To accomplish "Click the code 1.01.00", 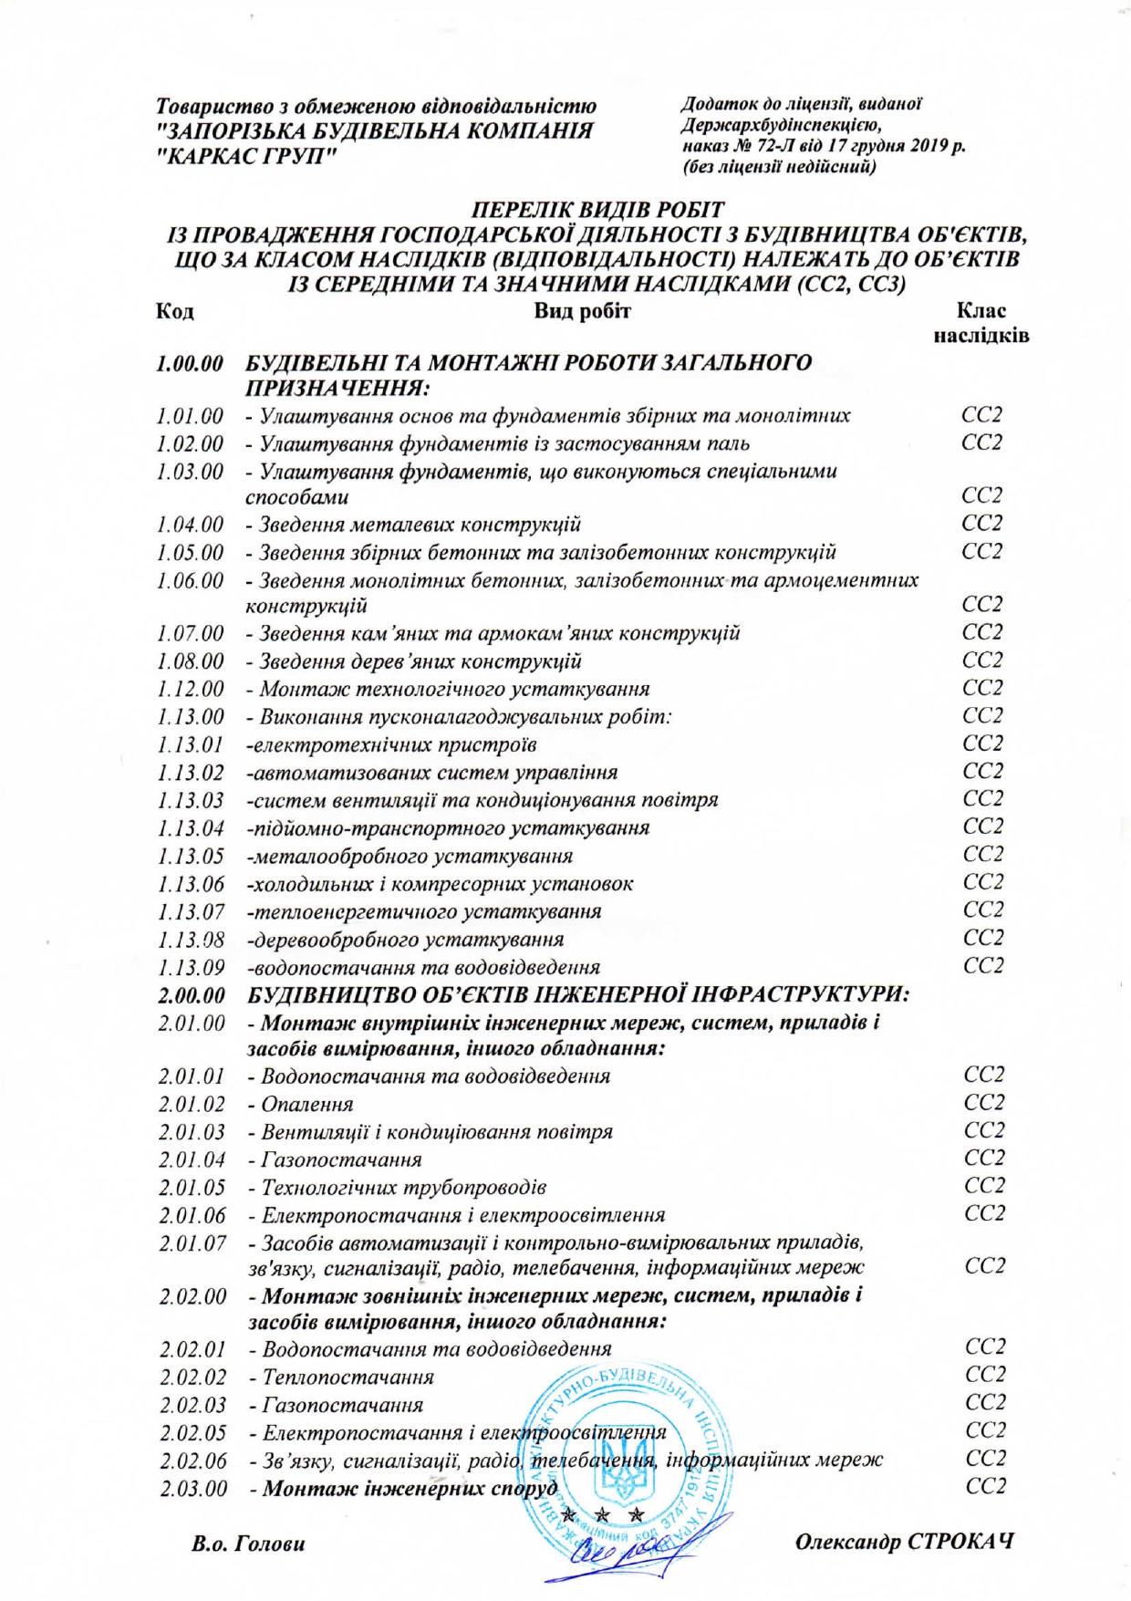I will [x=190, y=417].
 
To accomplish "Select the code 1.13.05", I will [x=191, y=857].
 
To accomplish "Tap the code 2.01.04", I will [x=192, y=1160].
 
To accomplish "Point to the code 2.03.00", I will [x=193, y=1489].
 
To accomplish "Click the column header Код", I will [x=174, y=311].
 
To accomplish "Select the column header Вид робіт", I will [x=582, y=311].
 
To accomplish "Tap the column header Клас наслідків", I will [x=981, y=323].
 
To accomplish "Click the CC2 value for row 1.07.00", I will [x=982, y=632].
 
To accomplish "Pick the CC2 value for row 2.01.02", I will [x=983, y=1103].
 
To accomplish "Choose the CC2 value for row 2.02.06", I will [x=985, y=1459].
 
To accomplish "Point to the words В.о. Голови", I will [x=249, y=1544].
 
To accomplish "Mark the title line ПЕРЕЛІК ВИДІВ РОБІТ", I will [x=597, y=211].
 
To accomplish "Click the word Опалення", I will [x=307, y=1105].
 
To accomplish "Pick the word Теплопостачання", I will [x=348, y=1377].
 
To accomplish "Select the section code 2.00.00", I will [x=192, y=994].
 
